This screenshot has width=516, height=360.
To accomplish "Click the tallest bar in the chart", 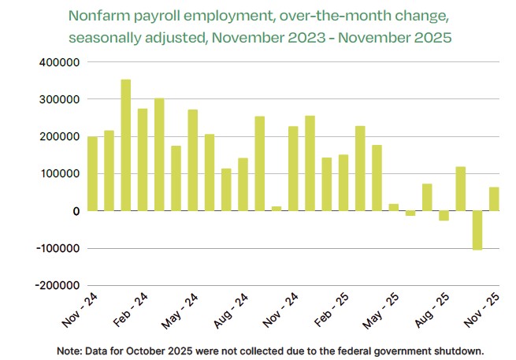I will point(125,145).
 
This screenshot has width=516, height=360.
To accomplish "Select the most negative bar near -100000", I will point(477,230).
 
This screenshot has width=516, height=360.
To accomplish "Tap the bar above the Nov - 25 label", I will point(494,199).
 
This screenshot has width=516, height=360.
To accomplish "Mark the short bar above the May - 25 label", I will point(393,207).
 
